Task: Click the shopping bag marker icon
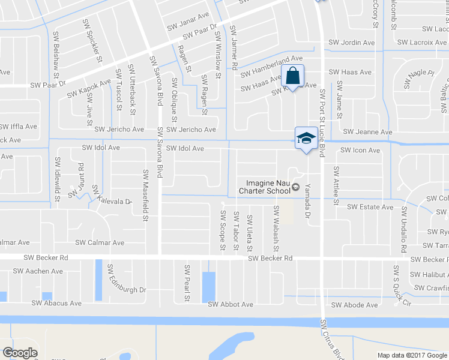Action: click(x=292, y=77)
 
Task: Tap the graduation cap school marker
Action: click(x=306, y=138)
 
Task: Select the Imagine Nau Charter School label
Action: click(x=268, y=187)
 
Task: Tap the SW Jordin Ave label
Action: click(x=352, y=43)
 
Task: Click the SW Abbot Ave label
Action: click(x=231, y=305)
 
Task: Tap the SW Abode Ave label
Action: click(x=355, y=305)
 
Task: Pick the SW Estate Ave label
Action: click(x=370, y=208)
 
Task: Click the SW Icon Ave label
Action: click(x=360, y=151)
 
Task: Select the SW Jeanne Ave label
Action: click(x=367, y=132)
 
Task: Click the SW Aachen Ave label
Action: click(x=40, y=271)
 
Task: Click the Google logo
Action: click(x=20, y=352)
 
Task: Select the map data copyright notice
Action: click(x=412, y=355)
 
